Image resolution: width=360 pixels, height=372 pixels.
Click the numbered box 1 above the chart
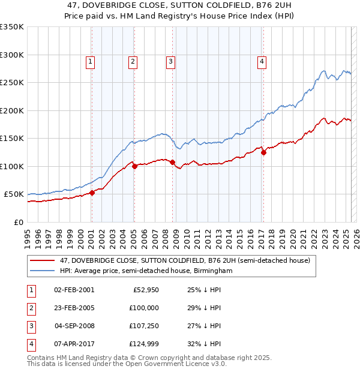click(90, 60)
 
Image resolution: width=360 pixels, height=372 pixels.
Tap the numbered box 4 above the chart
click(262, 60)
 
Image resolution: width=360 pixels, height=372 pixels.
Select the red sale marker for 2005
click(134, 166)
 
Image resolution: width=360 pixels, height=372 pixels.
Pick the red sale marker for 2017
click(263, 152)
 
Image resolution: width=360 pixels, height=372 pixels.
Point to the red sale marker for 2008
click(172, 162)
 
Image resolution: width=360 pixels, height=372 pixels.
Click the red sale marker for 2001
click(92, 193)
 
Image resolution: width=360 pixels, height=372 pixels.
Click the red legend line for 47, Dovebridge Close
click(42, 261)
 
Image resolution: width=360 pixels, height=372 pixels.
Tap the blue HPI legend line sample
click(42, 271)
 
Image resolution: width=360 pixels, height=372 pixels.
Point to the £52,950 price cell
click(145, 289)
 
